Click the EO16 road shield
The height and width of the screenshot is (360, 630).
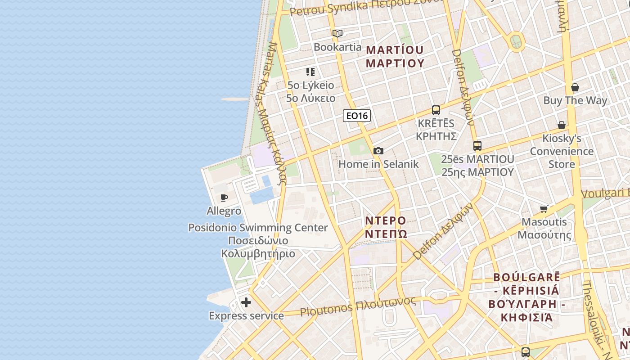click(x=357, y=116)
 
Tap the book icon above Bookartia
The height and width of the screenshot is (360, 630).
click(x=337, y=33)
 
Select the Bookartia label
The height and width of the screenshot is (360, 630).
click(x=337, y=47)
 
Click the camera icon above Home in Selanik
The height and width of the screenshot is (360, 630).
click(x=378, y=151)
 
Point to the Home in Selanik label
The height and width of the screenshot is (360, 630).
click(x=378, y=164)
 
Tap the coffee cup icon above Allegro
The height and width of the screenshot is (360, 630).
click(x=224, y=198)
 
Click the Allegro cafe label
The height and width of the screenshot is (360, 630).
click(x=224, y=211)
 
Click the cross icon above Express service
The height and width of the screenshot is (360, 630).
click(x=246, y=302)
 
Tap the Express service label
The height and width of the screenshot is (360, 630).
click(x=246, y=316)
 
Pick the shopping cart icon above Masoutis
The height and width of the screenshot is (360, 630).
click(x=544, y=209)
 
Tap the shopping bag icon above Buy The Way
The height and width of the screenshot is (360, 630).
click(x=575, y=87)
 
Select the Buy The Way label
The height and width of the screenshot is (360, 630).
click(x=575, y=100)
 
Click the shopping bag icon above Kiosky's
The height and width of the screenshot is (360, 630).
click(x=562, y=125)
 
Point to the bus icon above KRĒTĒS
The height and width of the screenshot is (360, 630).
click(x=436, y=110)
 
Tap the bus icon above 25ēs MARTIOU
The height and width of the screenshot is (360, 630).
click(x=477, y=146)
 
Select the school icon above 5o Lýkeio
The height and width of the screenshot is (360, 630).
click(x=310, y=72)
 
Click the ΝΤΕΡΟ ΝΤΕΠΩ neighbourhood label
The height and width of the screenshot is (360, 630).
click(x=386, y=227)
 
